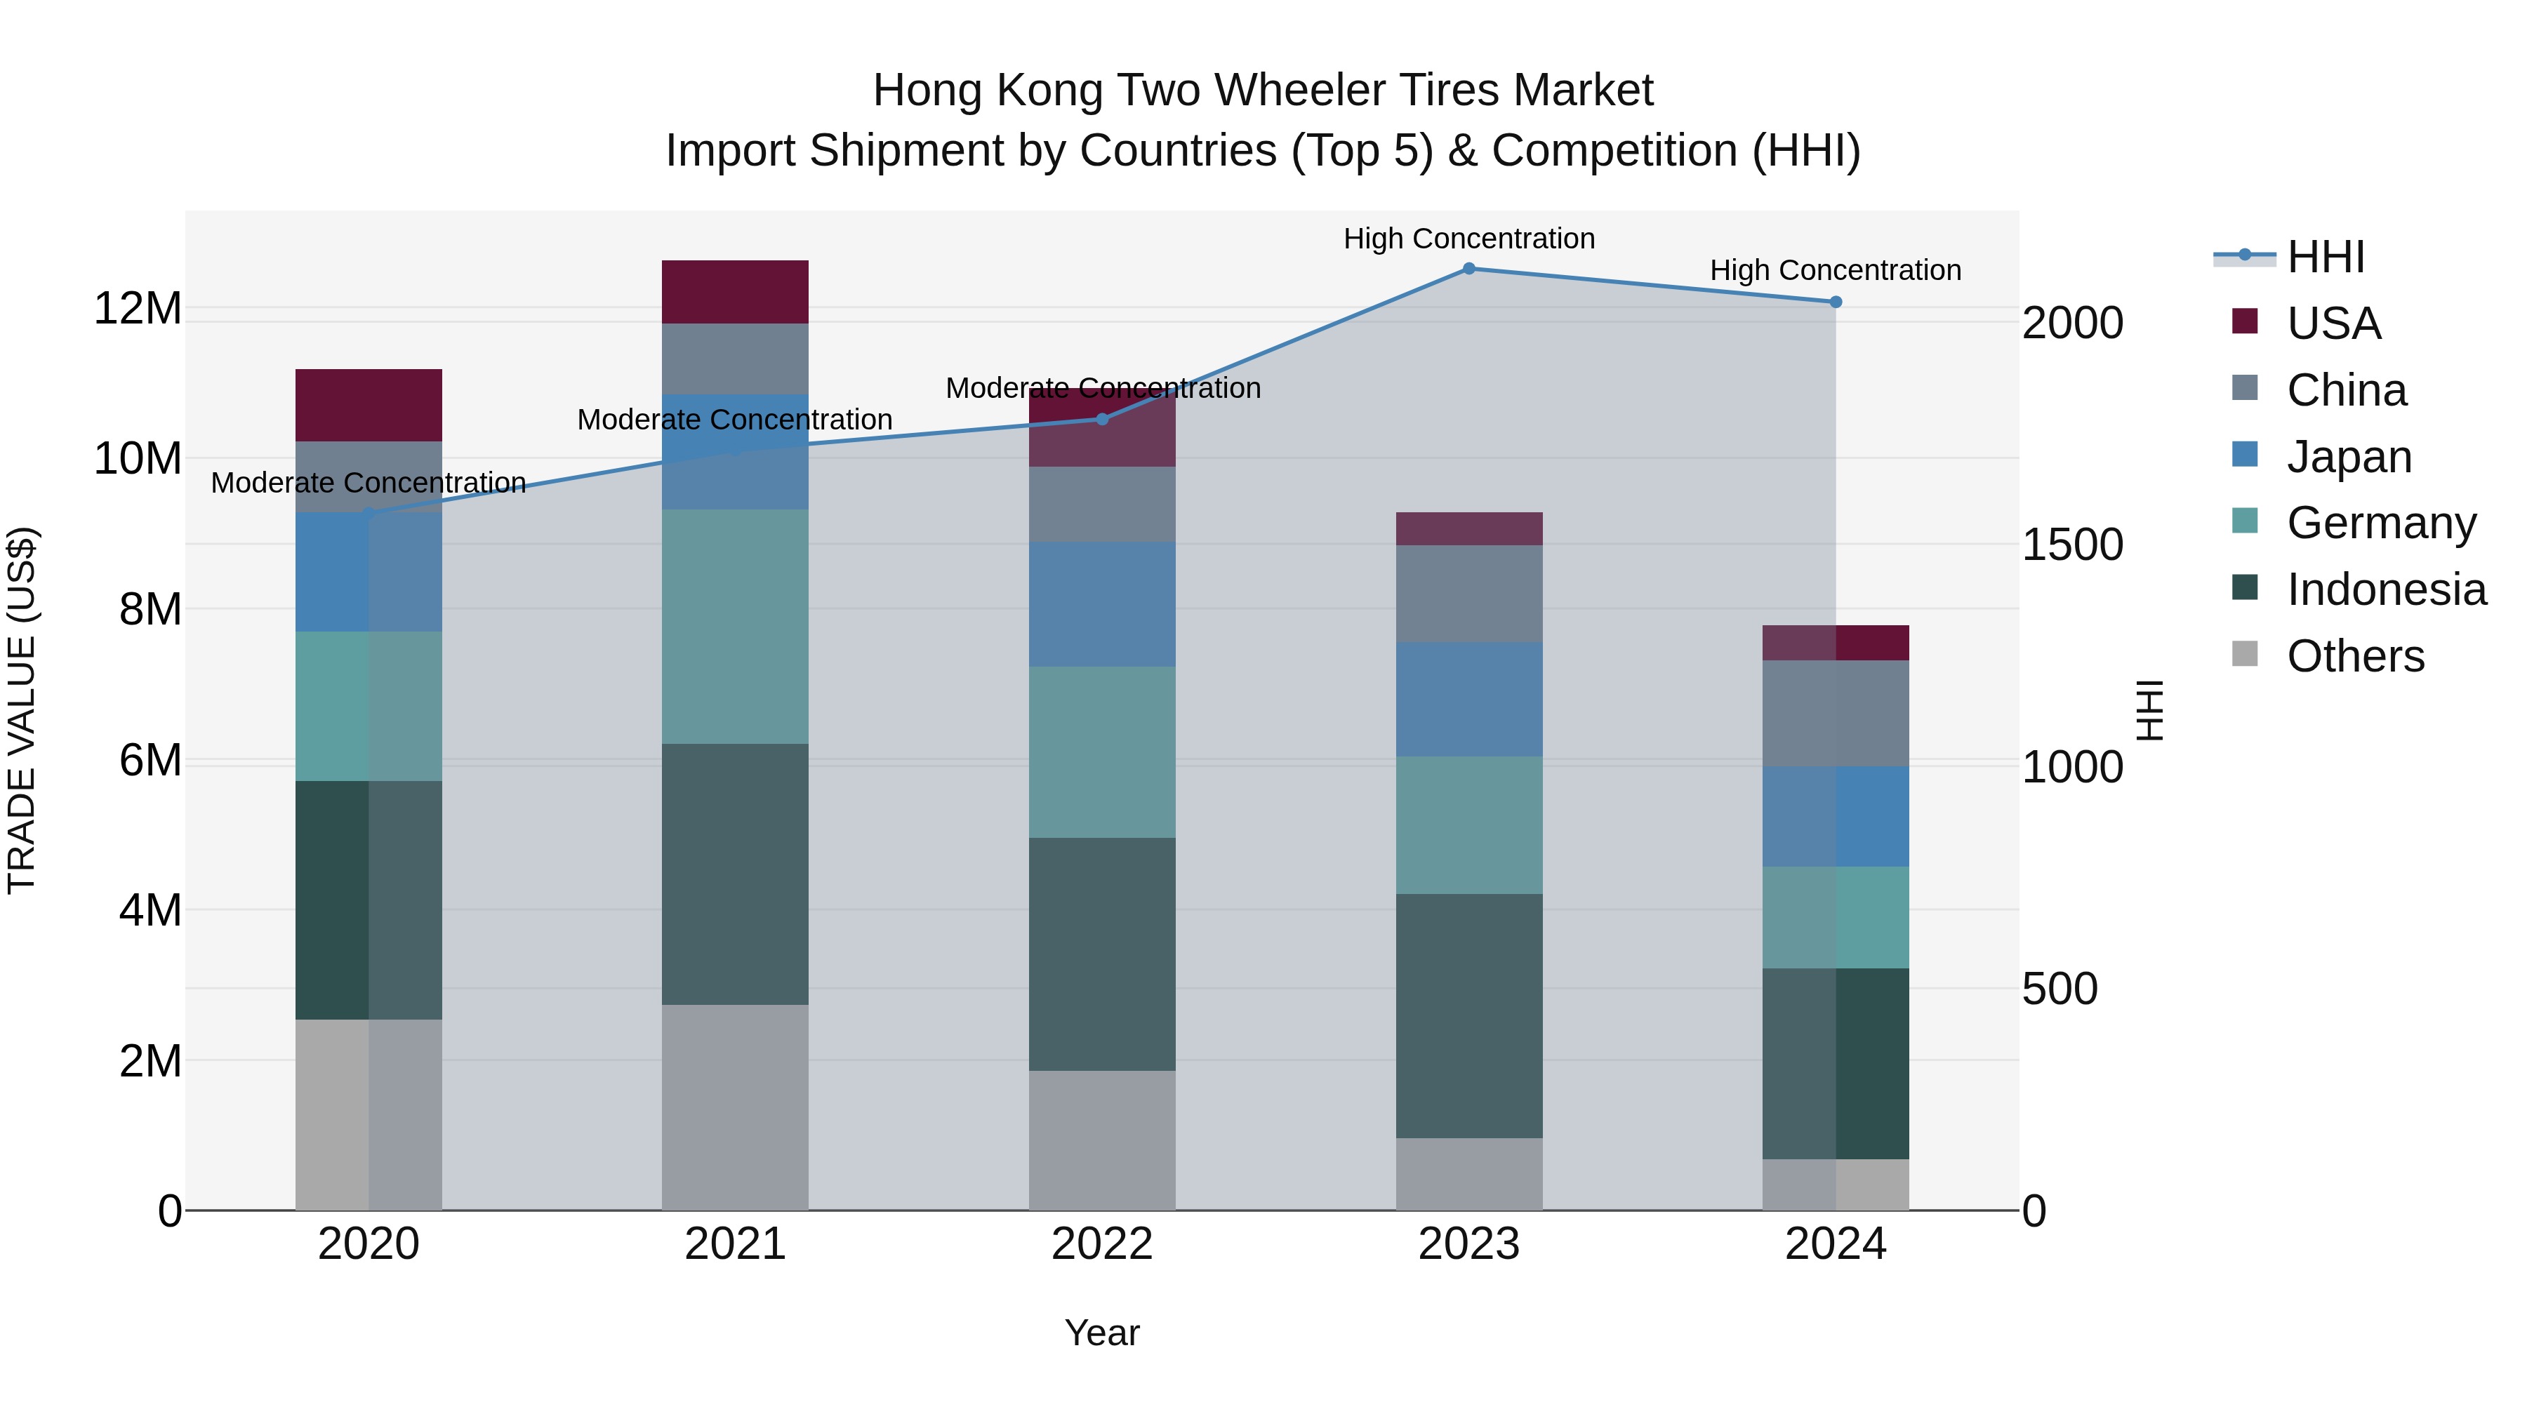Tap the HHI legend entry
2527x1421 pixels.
(2324, 257)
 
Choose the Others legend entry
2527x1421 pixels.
(2354, 656)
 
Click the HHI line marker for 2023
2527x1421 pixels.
(1468, 269)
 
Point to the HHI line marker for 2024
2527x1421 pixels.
(1836, 302)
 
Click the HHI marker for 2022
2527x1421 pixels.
(1101, 419)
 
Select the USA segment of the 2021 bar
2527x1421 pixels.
(735, 292)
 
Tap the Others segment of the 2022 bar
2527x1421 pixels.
(1101, 1140)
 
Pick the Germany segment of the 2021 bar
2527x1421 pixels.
(735, 626)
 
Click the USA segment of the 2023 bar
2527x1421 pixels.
(1468, 528)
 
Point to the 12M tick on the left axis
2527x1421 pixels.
(138, 309)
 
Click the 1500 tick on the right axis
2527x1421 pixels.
(2072, 545)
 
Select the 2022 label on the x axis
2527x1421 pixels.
(1101, 1244)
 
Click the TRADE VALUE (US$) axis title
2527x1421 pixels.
(22, 710)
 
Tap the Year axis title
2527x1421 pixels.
(1101, 1333)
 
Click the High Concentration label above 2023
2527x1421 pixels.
(1468, 239)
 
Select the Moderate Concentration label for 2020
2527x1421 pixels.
(368, 483)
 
